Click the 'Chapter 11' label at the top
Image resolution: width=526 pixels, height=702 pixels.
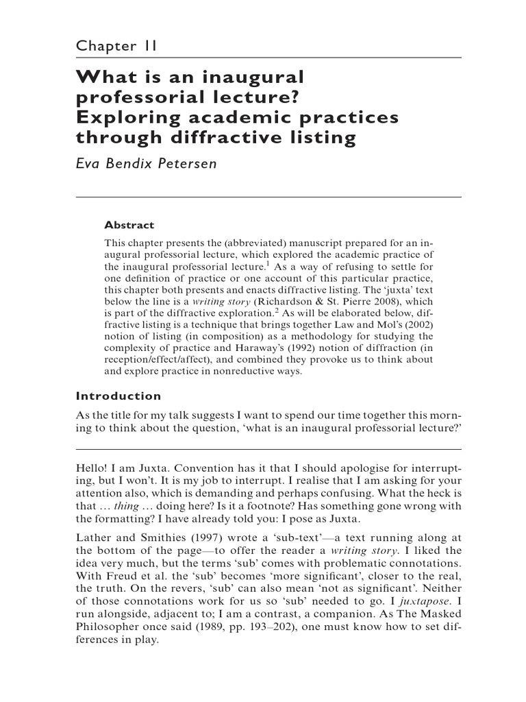click(x=117, y=46)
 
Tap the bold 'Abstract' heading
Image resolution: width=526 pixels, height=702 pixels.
click(x=129, y=225)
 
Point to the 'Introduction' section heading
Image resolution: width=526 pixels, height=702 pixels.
click(x=118, y=396)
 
